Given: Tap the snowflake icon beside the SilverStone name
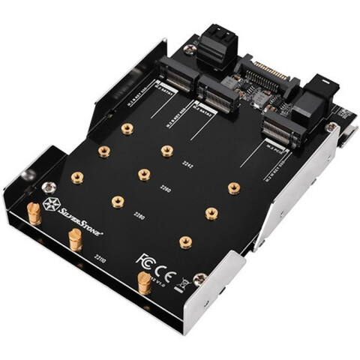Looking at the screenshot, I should point(52,204).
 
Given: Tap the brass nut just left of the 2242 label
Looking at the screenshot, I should point(166,151).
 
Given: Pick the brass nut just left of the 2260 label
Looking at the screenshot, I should point(142,175).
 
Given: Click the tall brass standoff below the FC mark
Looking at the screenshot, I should point(142,283).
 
